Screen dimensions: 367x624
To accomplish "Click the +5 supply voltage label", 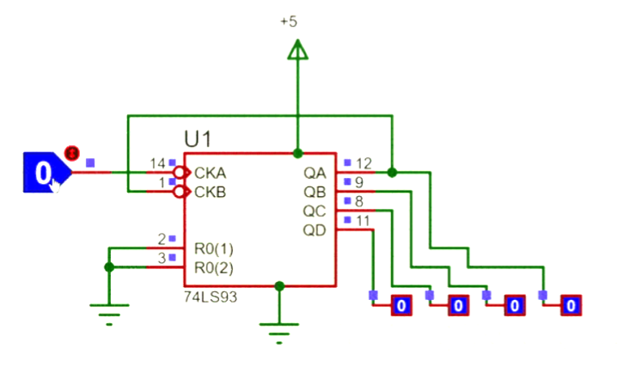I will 289,22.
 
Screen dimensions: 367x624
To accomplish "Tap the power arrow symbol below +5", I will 297,52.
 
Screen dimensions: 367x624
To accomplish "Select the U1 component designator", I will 198,139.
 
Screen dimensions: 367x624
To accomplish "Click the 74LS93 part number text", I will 211,296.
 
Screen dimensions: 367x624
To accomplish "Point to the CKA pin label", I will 211,173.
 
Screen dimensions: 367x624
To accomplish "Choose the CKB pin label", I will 211,192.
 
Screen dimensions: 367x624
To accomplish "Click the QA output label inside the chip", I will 315,173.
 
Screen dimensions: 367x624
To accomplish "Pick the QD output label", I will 315,229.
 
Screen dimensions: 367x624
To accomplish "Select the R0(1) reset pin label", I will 214,248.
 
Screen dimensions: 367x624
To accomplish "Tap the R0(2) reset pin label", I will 214,267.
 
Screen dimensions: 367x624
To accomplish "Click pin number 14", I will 156,163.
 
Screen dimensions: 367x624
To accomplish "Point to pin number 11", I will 363,221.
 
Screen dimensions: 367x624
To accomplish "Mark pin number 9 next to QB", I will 359,182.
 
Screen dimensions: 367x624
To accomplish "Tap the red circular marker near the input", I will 72,154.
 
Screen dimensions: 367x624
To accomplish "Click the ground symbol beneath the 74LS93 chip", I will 278,332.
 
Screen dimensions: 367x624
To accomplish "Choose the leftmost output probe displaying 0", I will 401,305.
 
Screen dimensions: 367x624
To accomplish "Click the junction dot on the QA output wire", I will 392,173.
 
